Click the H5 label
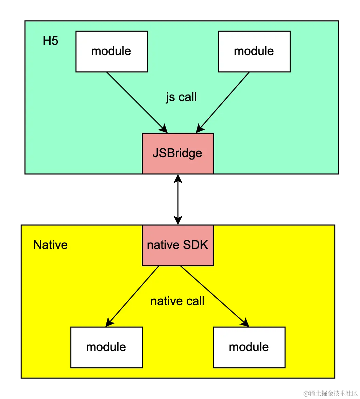click(50, 41)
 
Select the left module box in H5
click(112, 51)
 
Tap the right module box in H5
click(254, 51)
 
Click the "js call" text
click(181, 97)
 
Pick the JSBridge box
click(178, 153)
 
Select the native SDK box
click(178, 245)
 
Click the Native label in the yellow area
click(50, 245)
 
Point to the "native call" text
click(177, 301)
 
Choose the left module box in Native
click(106, 347)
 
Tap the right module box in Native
click(249, 347)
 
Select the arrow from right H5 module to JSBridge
click(223, 102)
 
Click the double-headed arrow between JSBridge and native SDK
click(178, 199)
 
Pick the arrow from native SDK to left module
click(132, 297)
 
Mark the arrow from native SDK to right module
click(215, 297)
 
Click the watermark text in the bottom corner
click(331, 393)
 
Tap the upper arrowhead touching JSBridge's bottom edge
click(178, 179)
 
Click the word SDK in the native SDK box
click(195, 245)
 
